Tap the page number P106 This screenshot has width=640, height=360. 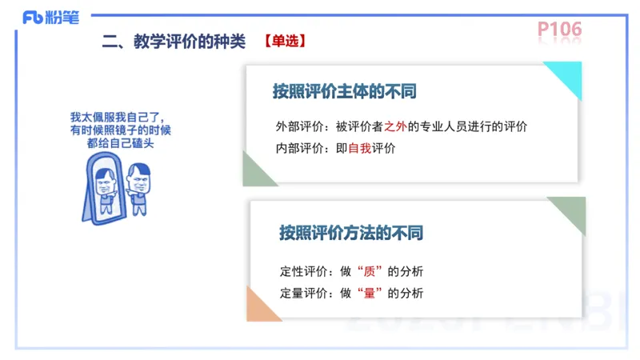click(x=559, y=30)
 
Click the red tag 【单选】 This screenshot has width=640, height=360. click(x=284, y=41)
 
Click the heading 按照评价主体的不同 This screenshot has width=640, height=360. click(x=344, y=91)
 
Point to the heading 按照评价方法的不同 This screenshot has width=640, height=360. click(x=350, y=234)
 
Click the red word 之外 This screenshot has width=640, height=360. click(x=396, y=126)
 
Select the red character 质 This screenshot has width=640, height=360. click(x=369, y=271)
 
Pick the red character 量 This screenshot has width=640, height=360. click(x=369, y=293)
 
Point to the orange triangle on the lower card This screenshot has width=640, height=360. click(x=260, y=307)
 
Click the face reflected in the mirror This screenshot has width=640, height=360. click(x=105, y=183)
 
